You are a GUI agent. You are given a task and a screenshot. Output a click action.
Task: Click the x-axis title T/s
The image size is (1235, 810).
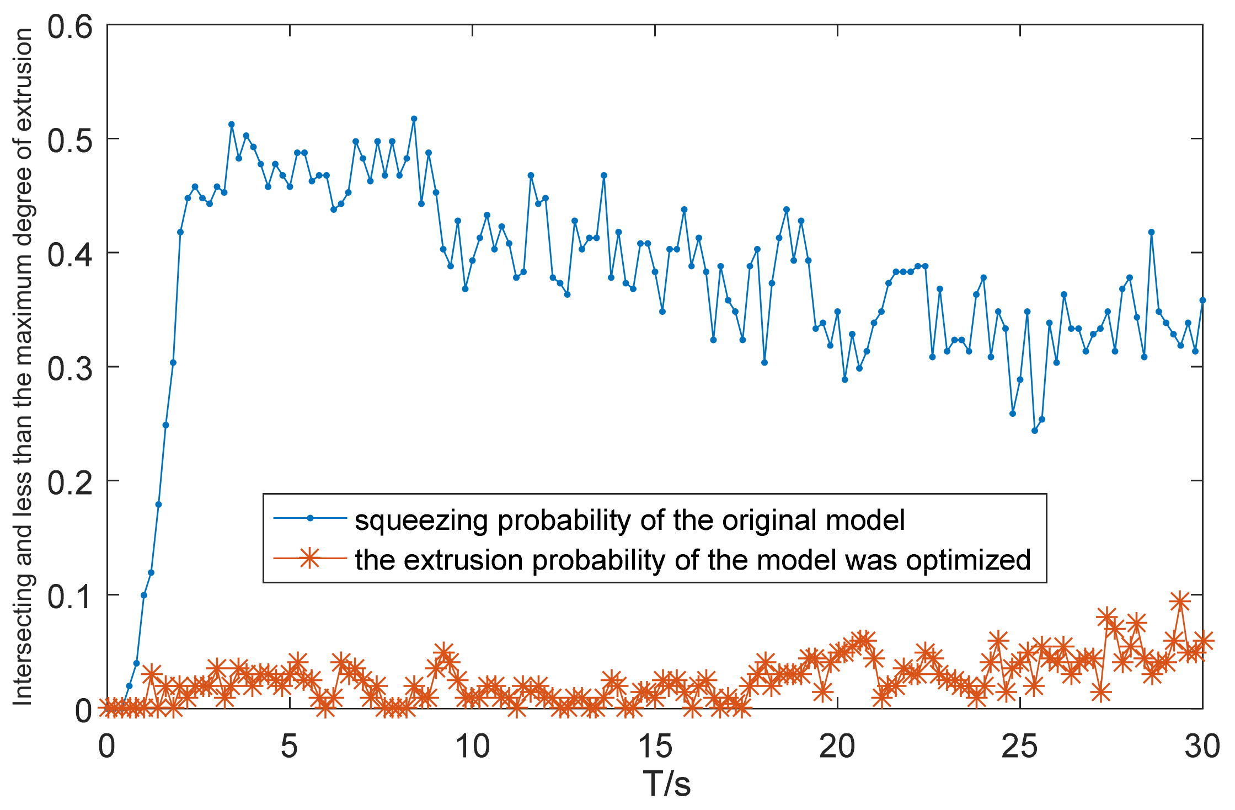[666, 784]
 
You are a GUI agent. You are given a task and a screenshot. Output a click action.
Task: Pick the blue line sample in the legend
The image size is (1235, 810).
[310, 518]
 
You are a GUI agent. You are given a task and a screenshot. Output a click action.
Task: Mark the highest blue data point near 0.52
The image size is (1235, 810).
[414, 119]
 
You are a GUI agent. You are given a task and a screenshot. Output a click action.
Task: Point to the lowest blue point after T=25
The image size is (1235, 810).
[1035, 431]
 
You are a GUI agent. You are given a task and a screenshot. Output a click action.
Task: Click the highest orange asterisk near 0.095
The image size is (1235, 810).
[1180, 602]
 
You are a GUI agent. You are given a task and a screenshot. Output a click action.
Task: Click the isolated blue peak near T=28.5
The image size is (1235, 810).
[1151, 232]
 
